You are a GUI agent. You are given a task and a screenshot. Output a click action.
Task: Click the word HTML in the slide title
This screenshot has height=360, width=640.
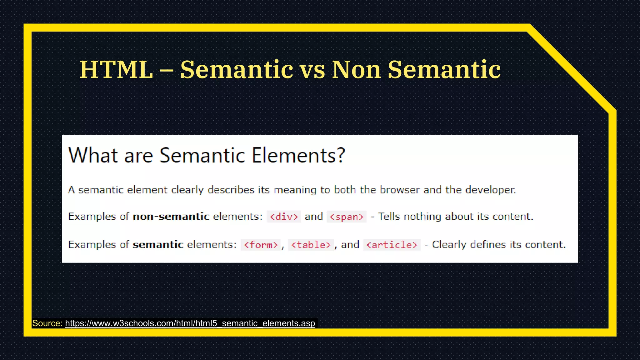(x=116, y=70)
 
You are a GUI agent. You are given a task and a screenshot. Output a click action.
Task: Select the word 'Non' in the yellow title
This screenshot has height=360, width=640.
(x=356, y=70)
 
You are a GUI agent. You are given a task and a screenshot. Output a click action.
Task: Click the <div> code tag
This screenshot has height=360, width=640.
(x=284, y=217)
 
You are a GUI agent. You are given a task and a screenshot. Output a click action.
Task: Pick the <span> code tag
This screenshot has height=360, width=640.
(x=347, y=217)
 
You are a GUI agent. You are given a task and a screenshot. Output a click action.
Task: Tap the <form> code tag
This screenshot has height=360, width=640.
(x=261, y=245)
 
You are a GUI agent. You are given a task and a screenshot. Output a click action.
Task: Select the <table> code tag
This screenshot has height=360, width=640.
(x=311, y=245)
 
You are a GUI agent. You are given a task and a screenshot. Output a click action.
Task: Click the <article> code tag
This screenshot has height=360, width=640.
(x=392, y=245)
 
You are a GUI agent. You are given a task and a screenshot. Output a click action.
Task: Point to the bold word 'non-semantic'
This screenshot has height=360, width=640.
(x=171, y=217)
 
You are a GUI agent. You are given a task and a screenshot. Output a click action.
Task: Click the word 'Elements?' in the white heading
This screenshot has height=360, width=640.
(x=298, y=155)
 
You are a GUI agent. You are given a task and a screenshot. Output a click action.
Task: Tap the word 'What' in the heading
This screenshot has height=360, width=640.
(x=93, y=155)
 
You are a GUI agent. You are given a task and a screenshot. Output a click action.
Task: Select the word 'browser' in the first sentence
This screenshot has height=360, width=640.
(x=399, y=190)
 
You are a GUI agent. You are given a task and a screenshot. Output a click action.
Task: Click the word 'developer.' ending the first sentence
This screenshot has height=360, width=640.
(x=490, y=190)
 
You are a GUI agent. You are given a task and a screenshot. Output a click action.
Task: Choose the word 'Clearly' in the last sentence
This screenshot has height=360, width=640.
(x=449, y=244)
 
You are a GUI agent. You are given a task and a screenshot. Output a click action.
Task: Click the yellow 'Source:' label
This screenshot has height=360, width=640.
(x=47, y=323)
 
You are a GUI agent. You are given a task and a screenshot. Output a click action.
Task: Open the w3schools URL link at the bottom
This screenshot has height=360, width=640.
(x=190, y=323)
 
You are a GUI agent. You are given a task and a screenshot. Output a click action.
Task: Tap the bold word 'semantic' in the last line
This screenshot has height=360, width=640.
(x=158, y=244)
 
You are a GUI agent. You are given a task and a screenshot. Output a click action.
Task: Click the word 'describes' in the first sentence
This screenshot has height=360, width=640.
(x=231, y=190)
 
